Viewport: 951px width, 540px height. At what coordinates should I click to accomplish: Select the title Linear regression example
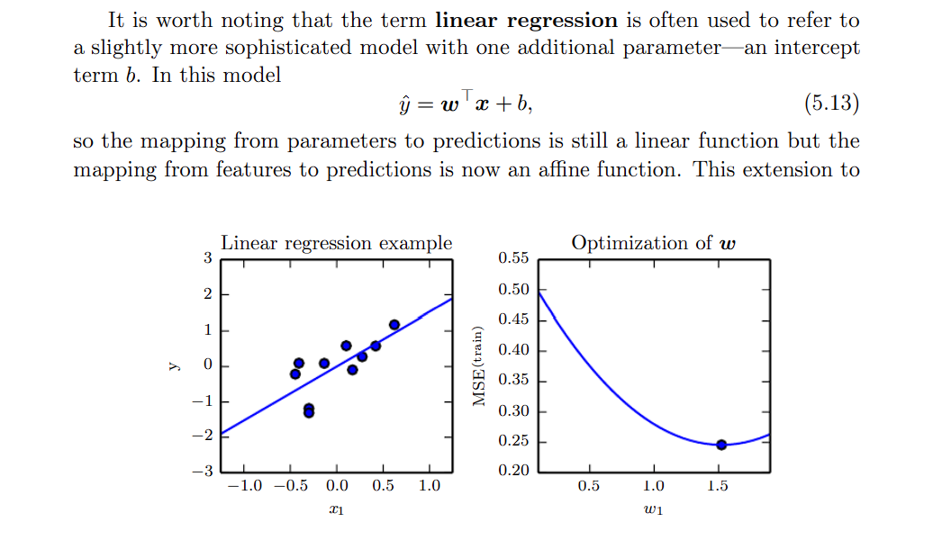pyautogui.click(x=337, y=243)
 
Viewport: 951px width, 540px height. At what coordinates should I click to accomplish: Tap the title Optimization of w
pyautogui.click(x=654, y=243)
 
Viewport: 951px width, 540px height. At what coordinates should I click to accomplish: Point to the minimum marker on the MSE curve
pyautogui.click(x=721, y=445)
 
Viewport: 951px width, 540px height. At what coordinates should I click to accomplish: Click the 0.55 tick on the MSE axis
pyautogui.click(x=513, y=258)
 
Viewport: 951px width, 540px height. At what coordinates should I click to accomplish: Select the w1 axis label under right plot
pyautogui.click(x=654, y=510)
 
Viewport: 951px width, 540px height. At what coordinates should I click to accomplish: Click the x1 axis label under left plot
pyautogui.click(x=337, y=510)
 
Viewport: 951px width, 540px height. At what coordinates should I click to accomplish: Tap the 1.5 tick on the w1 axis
pyautogui.click(x=718, y=487)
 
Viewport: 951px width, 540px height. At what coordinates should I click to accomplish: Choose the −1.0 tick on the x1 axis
pyautogui.click(x=243, y=487)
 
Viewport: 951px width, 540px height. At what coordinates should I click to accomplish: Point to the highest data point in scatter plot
pyautogui.click(x=394, y=325)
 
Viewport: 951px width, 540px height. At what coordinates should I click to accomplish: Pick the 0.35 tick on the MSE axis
pyautogui.click(x=513, y=380)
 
